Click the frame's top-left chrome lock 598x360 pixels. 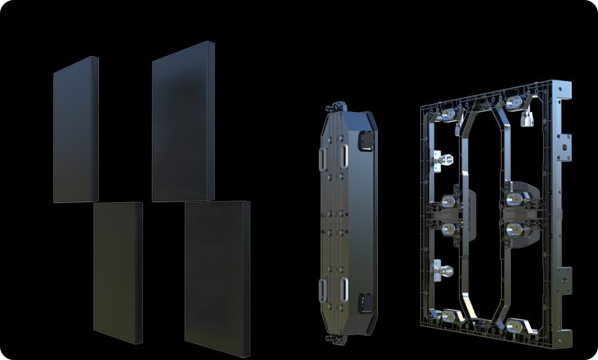[x=448, y=113]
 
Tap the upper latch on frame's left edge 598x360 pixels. [x=440, y=160]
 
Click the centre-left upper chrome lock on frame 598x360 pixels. [x=449, y=201]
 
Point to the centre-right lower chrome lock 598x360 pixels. [x=514, y=228]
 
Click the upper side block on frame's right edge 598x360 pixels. [x=565, y=144]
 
